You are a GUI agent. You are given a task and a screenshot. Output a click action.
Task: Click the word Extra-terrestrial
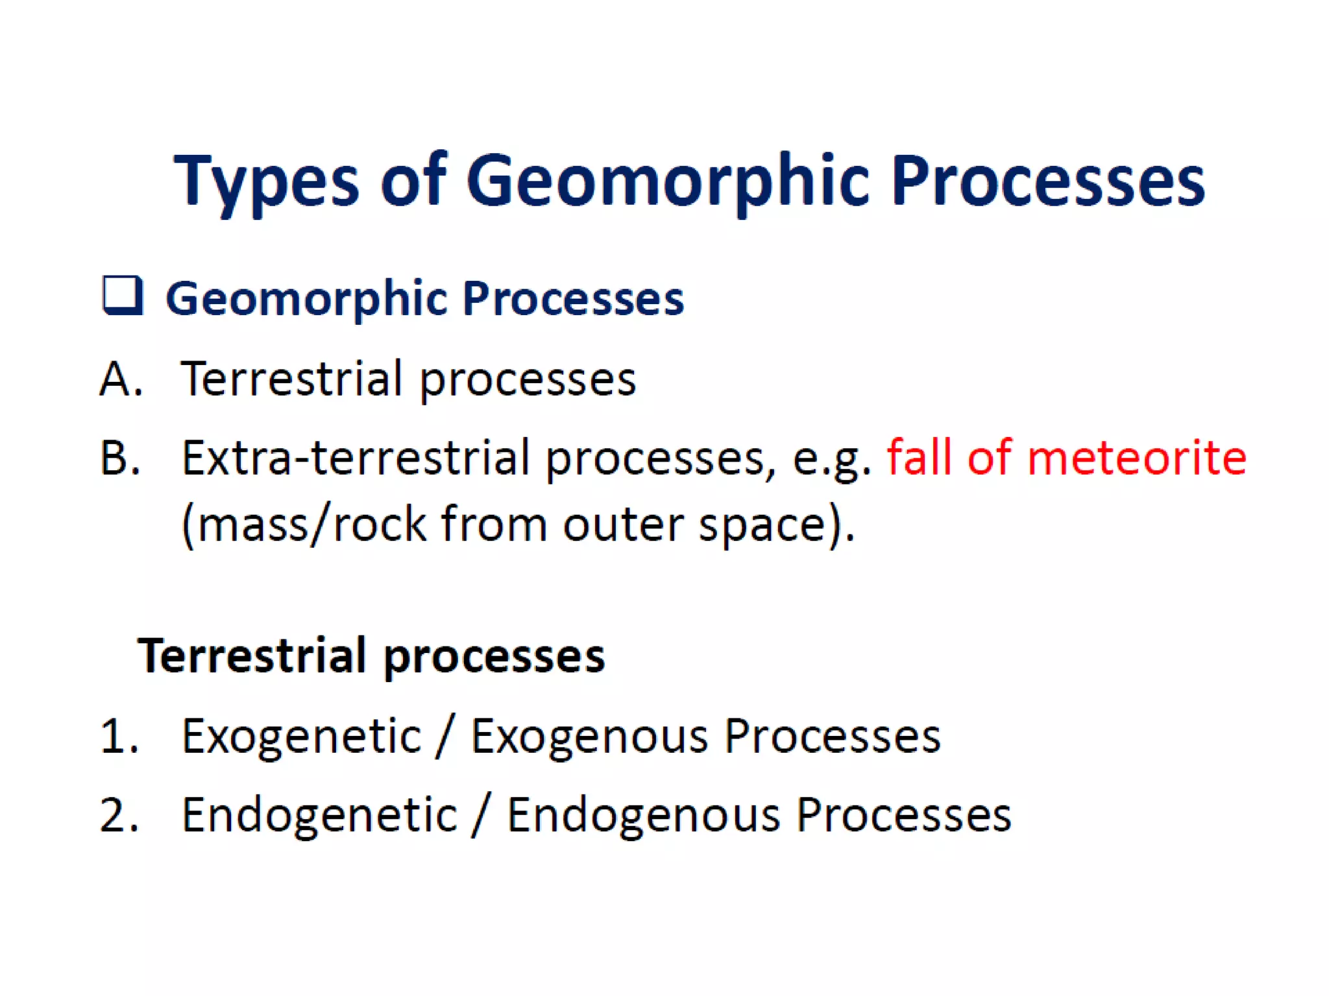pos(355,458)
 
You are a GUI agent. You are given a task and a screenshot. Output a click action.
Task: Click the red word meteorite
pos(1136,458)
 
